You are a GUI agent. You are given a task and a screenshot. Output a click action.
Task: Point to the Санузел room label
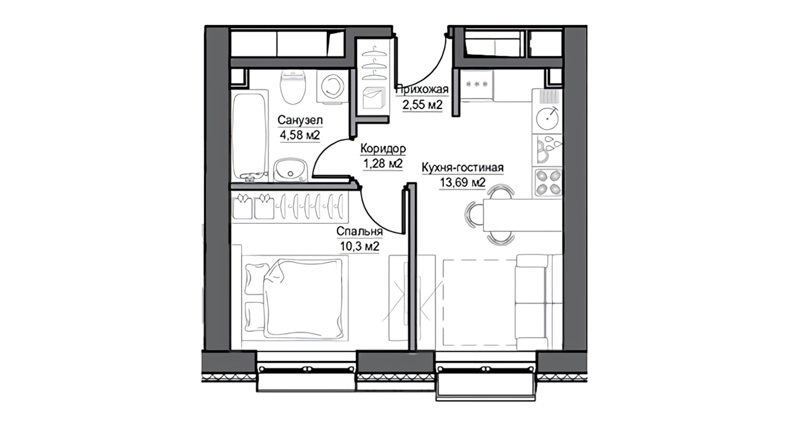point(300,120)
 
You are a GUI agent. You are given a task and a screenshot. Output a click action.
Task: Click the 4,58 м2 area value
point(300,135)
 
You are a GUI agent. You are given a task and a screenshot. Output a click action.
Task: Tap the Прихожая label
point(422,89)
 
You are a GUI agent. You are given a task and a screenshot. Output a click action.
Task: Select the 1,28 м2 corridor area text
point(383,163)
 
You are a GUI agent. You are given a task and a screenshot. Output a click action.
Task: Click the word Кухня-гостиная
point(463,167)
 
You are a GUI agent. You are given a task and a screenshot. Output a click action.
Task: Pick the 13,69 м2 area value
point(463,182)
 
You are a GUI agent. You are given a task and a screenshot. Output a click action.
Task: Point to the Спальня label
point(360,231)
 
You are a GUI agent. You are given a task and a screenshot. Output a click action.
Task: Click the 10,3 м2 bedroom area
point(360,246)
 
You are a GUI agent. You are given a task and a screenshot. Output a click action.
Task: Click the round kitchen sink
point(547,118)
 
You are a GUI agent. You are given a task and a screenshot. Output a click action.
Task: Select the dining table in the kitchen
point(522,215)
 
